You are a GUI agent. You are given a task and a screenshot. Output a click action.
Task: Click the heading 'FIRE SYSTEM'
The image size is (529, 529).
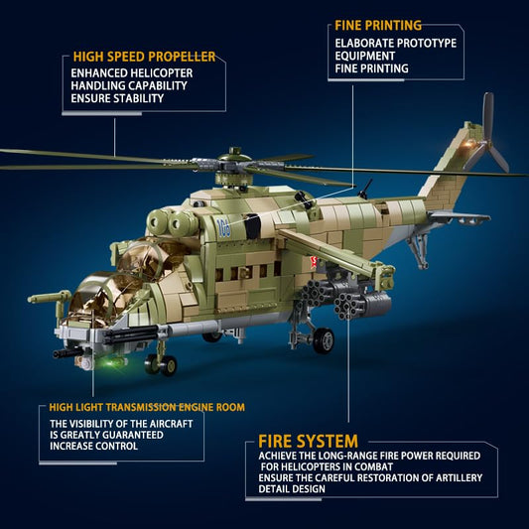pyautogui.click(x=308, y=441)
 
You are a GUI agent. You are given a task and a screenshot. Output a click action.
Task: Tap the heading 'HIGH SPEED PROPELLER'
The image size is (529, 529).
pyautogui.click(x=144, y=57)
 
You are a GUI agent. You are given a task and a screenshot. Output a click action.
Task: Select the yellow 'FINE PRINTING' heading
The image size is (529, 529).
pyautogui.click(x=378, y=25)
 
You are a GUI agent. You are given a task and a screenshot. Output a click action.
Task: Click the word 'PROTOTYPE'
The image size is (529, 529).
pyautogui.click(x=427, y=44)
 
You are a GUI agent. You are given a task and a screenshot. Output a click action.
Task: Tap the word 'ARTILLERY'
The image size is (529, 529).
pyautogui.click(x=460, y=477)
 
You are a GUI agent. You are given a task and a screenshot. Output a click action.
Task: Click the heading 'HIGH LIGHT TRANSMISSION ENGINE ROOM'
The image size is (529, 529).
pyautogui.click(x=147, y=407)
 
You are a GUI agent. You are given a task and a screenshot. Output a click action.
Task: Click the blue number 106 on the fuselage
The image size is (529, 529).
pyautogui.click(x=223, y=228)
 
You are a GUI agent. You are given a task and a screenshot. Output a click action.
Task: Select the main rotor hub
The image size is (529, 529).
pyautogui.click(x=233, y=161)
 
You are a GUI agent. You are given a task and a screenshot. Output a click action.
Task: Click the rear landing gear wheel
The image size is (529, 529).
pyautogui.click(x=324, y=340)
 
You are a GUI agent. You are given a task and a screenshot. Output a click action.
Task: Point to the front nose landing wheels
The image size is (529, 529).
pyautogui.click(x=161, y=365)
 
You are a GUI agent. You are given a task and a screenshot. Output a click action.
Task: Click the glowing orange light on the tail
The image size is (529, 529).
pyautogui.click(x=467, y=144)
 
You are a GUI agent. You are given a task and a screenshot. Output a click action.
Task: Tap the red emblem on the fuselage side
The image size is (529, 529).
pyautogui.click(x=314, y=261)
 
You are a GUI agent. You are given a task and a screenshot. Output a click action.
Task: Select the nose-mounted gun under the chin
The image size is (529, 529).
pyautogui.click(x=69, y=353)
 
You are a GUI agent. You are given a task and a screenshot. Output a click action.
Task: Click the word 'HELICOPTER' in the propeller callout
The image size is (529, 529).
pyautogui.click(x=162, y=73)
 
